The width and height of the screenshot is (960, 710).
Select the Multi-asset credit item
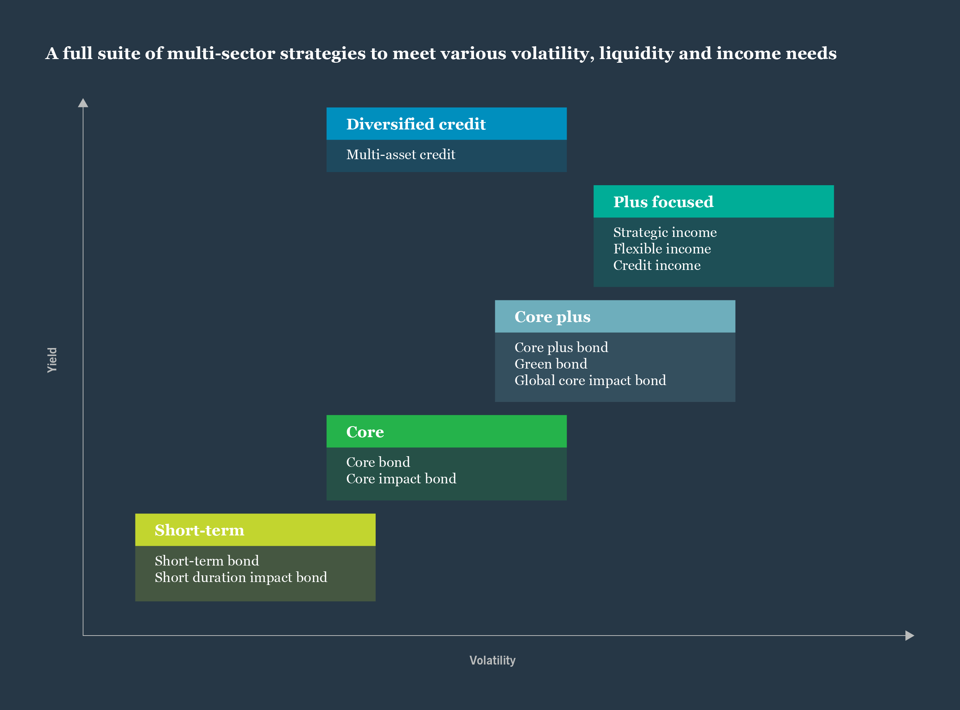pos(401,155)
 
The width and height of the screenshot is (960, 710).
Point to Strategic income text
pos(665,233)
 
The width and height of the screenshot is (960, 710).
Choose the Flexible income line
pos(662,249)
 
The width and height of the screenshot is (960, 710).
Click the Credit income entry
pos(657,266)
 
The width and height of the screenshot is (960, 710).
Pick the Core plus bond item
pos(561,347)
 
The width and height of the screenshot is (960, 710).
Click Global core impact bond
pos(590,380)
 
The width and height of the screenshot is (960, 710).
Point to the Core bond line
pos(378,462)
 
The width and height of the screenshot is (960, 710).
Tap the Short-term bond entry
pos(207,561)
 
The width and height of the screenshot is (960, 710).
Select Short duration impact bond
pos(241,577)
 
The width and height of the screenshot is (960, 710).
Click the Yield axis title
pos(52,360)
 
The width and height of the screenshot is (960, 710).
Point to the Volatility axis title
pos(492,660)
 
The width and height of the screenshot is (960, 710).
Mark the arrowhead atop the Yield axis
pos(83,103)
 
